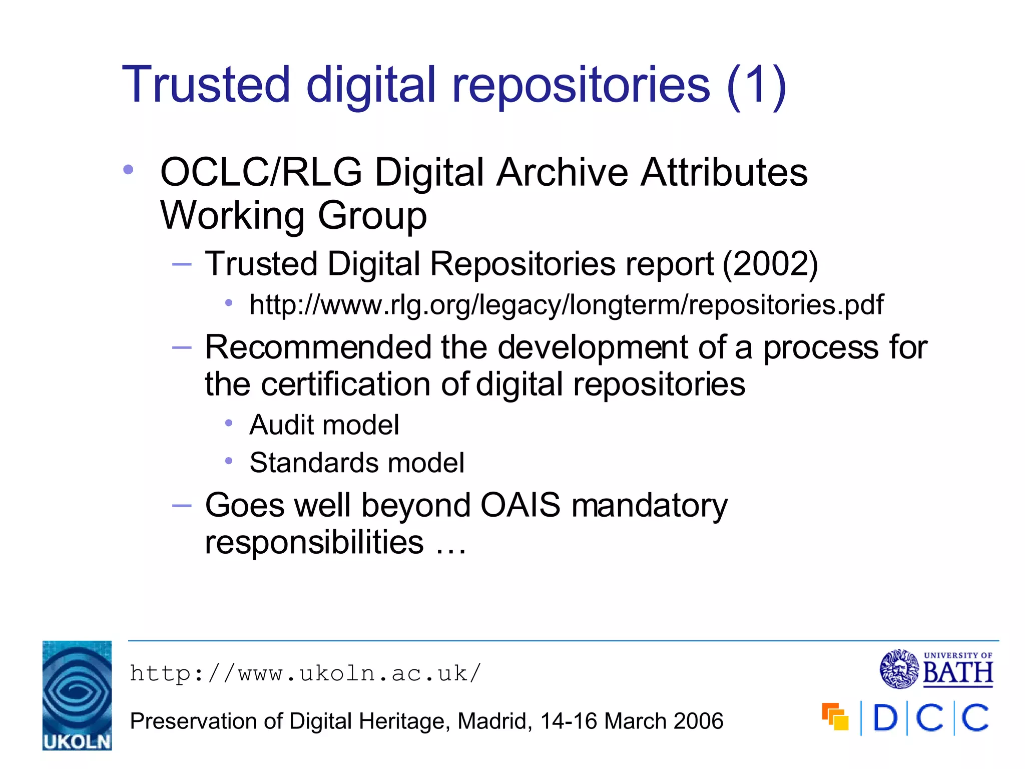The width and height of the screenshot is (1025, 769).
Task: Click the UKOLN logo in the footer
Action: click(x=77, y=695)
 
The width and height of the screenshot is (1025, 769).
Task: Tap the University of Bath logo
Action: click(x=936, y=669)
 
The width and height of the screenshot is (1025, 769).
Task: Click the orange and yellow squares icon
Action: click(x=835, y=716)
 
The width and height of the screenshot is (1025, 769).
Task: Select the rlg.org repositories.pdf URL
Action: click(x=566, y=304)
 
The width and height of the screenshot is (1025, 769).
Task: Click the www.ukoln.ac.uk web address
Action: click(x=305, y=673)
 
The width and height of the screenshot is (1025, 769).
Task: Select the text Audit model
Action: click(x=324, y=425)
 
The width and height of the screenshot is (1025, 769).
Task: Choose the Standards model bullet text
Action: click(x=357, y=463)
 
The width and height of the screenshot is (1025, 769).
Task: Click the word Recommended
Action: click(x=318, y=347)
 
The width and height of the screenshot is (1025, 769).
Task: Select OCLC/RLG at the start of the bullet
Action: click(x=261, y=172)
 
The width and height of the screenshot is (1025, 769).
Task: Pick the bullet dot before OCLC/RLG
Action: click(x=128, y=170)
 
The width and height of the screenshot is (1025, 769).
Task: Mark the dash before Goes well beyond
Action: click(x=181, y=506)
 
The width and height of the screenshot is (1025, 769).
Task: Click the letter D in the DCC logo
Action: click(x=885, y=718)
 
